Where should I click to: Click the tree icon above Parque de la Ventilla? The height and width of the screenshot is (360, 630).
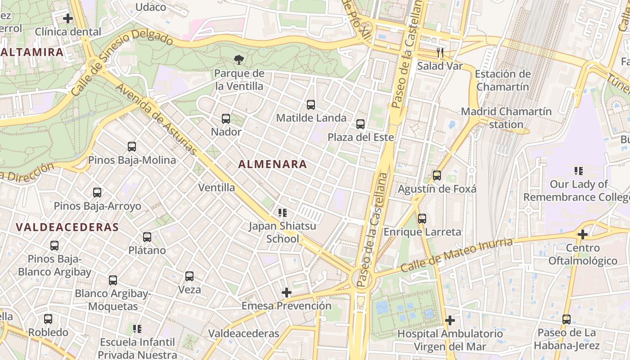coord(239,59)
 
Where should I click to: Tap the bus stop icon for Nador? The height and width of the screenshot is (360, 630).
coord(226,119)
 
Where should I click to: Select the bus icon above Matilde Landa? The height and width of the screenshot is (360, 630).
coord(310,105)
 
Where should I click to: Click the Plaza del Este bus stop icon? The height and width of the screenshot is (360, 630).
coord(360,124)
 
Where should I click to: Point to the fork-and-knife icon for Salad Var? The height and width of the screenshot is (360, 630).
coord(440,53)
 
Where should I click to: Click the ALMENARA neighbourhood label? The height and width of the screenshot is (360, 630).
coord(272,164)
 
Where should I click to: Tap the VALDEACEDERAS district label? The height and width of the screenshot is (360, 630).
coord(67,227)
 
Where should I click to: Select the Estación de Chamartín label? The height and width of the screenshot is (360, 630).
coord(502,80)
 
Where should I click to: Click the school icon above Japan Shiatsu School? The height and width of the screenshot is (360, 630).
coord(283,212)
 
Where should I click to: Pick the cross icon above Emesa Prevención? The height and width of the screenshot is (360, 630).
coord(286,293)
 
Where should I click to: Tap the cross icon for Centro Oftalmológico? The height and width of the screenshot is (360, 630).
coord(583,234)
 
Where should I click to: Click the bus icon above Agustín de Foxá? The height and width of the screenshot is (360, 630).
coord(436,175)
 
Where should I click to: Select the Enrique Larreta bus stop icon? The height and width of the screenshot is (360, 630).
coord(422,219)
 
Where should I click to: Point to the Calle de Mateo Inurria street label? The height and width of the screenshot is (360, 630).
coord(456,255)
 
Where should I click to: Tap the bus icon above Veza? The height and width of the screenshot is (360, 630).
coord(189,276)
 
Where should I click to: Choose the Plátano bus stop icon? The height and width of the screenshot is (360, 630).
coord(147,237)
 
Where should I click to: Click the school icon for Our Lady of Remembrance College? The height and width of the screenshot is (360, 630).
coord(579,171)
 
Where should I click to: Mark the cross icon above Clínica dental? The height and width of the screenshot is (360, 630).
coord(68,18)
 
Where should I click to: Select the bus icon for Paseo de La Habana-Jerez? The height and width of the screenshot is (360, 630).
coord(567,319)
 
